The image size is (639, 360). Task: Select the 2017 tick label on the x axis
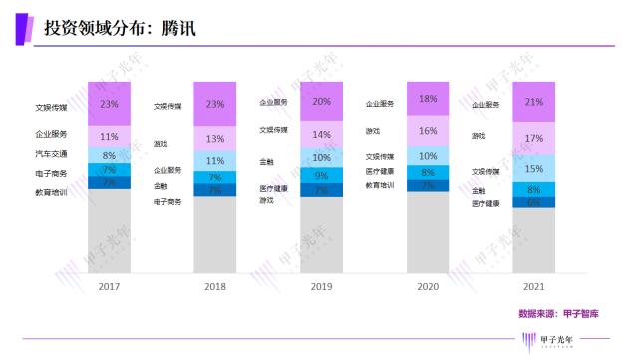coord(110,285)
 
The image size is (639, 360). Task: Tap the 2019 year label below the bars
coord(322,285)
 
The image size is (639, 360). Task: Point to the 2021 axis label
coord(535,285)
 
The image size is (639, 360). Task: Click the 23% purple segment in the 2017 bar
coord(110,104)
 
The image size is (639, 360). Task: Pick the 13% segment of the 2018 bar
coord(215,139)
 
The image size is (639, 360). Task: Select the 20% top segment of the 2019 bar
coord(322,102)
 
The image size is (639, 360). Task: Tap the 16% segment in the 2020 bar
coord(428,131)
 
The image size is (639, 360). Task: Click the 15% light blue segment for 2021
coord(535,169)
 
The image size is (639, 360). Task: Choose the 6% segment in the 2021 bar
coord(535,202)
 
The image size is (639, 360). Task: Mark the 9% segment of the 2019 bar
coord(322,176)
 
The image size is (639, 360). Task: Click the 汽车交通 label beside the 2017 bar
coord(50,154)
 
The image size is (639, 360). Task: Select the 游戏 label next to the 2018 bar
coord(160,143)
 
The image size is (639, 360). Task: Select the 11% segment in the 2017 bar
coord(110,136)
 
